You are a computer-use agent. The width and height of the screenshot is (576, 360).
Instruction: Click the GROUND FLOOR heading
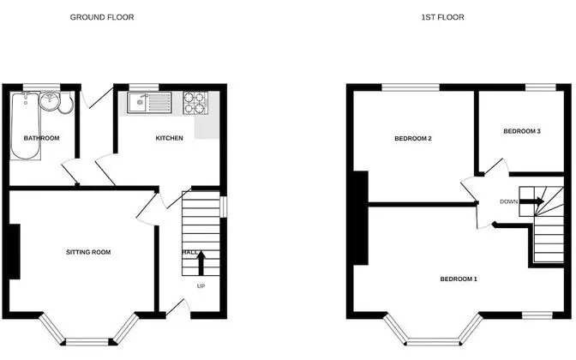tap(102, 17)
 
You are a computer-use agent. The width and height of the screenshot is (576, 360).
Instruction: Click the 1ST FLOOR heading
tap(442, 17)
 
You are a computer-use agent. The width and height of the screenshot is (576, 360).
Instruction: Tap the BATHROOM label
tap(41, 138)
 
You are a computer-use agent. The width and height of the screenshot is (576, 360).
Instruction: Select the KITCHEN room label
tap(170, 138)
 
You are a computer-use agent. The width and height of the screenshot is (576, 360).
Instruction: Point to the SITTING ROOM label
tap(88, 252)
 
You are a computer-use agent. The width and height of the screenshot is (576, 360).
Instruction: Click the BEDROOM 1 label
tap(459, 279)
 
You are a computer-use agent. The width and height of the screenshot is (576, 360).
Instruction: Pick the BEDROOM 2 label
tap(413, 139)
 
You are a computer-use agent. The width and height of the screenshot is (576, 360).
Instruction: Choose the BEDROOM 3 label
tap(522, 131)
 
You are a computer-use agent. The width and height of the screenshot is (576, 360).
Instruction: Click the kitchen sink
tap(149, 103)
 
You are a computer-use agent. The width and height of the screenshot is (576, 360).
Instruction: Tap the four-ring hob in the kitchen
tap(195, 103)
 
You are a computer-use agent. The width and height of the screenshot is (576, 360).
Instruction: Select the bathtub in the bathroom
tap(25, 126)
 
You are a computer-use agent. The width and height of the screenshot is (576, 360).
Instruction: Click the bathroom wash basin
tap(49, 101)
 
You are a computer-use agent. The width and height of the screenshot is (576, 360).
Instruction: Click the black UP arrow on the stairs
tap(201, 263)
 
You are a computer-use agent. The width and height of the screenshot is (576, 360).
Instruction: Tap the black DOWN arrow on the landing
tap(532, 201)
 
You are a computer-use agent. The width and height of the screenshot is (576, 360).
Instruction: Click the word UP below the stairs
tap(201, 286)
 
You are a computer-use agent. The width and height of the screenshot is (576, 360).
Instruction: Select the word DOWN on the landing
tap(509, 201)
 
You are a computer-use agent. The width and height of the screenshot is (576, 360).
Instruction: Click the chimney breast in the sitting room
tap(15, 252)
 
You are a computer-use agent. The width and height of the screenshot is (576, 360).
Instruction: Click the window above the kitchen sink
tap(144, 87)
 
